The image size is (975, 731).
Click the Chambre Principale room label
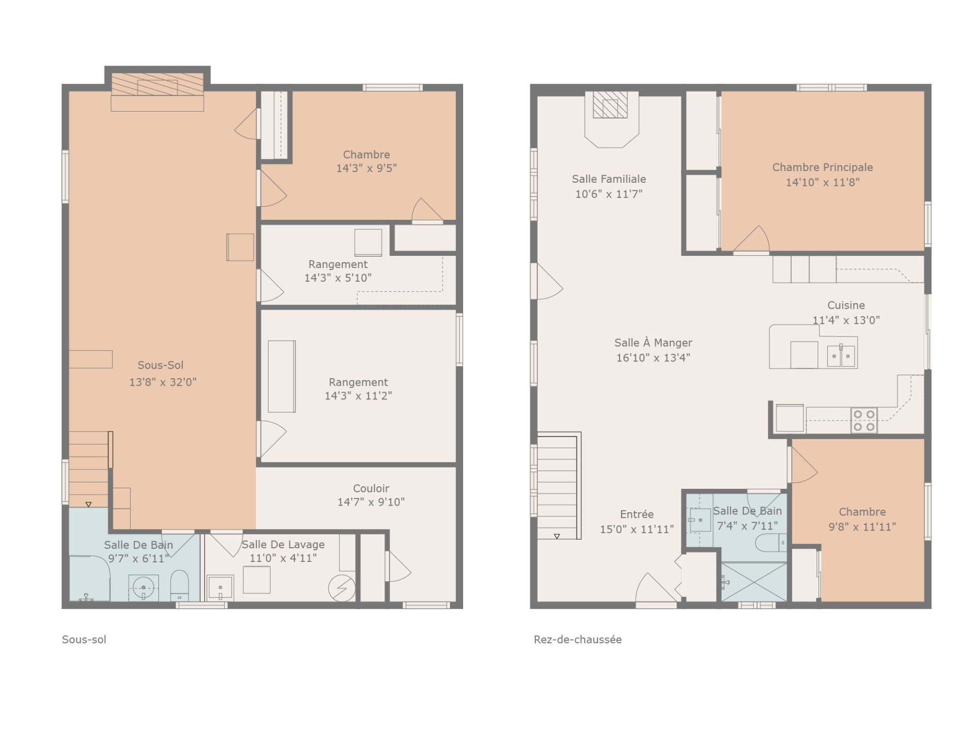tap(822, 167)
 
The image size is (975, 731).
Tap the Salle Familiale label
tap(609, 179)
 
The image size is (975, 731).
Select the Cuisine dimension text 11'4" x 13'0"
tap(846, 320)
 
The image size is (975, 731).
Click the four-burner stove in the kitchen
tap(864, 420)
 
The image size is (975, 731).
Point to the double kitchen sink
tap(841, 355)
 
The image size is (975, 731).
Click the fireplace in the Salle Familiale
tap(611, 119)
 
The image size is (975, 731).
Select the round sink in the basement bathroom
tap(143, 588)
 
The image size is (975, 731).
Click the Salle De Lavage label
tap(283, 544)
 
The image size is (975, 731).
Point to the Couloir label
tap(371, 488)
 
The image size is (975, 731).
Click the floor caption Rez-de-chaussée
tap(577, 640)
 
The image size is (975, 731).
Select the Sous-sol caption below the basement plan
tap(84, 640)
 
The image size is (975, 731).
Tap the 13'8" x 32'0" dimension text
tap(162, 382)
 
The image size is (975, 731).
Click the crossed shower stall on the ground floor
tap(754, 582)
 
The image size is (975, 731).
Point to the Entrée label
tap(637, 514)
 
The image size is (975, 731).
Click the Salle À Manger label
tap(653, 343)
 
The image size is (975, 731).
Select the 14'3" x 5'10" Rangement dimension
tap(338, 278)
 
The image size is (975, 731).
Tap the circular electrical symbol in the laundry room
tap(342, 588)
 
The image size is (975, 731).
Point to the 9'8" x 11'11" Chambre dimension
tap(862, 526)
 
